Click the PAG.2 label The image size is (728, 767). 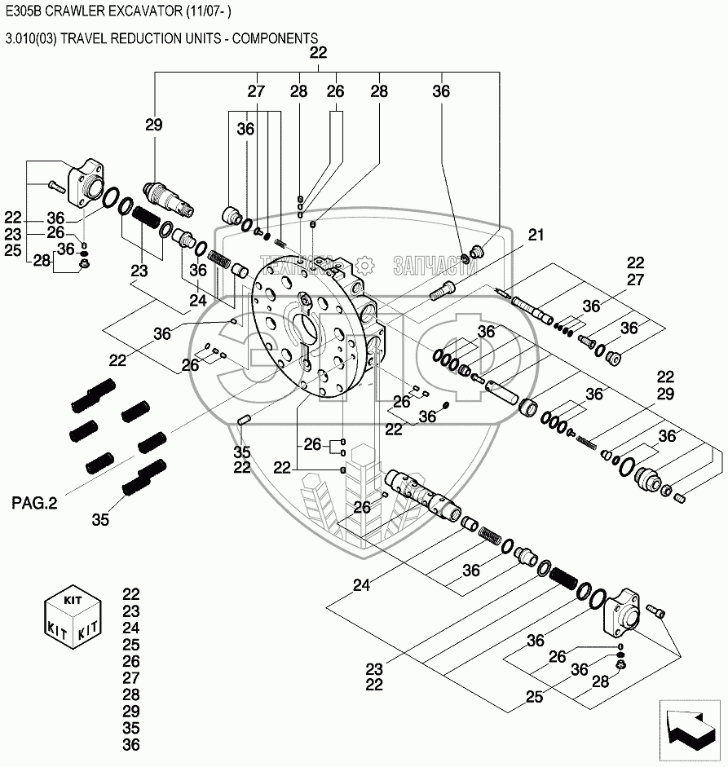tap(34, 504)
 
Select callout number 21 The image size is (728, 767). tap(535, 236)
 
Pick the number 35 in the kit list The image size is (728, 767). tap(130, 728)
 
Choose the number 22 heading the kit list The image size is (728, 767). tap(130, 594)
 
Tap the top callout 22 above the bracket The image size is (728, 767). tap(318, 53)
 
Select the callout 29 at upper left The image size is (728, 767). tap(154, 125)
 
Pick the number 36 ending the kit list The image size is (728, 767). tap(130, 745)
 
